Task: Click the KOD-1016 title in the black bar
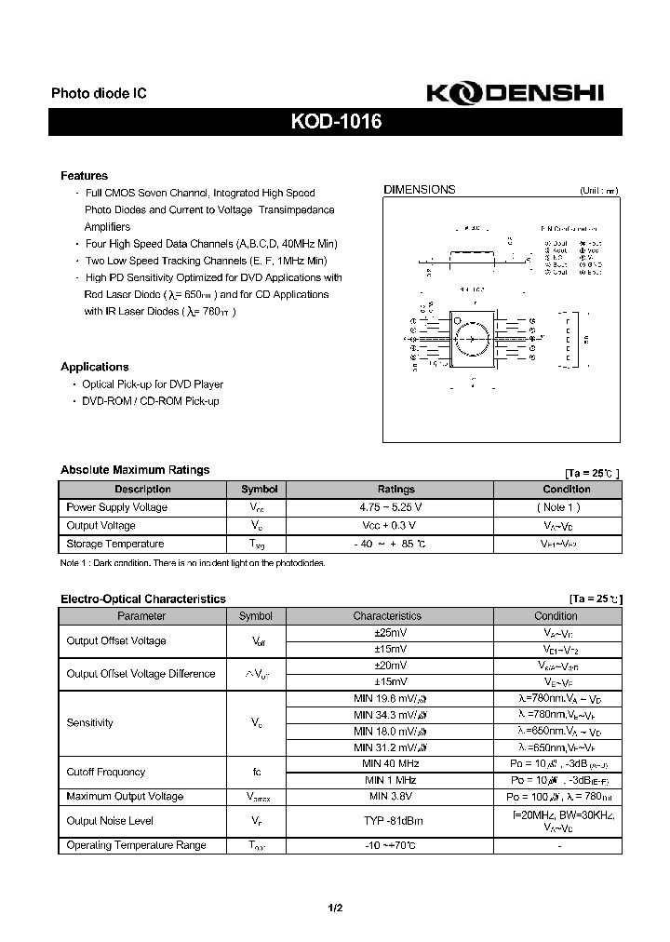pyautogui.click(x=335, y=122)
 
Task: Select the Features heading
pyautogui.click(x=84, y=176)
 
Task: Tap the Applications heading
pyautogui.click(x=94, y=367)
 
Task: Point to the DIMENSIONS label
pyautogui.click(x=420, y=190)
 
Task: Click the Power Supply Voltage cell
pyautogui.click(x=117, y=507)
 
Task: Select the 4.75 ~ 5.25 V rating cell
pyautogui.click(x=390, y=507)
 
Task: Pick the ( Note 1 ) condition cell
pyautogui.click(x=557, y=507)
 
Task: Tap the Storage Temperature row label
pyautogui.click(x=115, y=544)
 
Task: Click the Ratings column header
pyautogui.click(x=395, y=489)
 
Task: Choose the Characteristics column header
pyautogui.click(x=387, y=616)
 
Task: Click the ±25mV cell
pyautogui.click(x=387, y=633)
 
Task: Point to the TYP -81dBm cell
pyautogui.click(x=387, y=821)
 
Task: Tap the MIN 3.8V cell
pyautogui.click(x=388, y=797)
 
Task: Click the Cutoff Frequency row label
pyautogui.click(x=106, y=772)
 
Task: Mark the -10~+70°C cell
pyautogui.click(x=388, y=845)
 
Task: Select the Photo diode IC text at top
pyautogui.click(x=99, y=94)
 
